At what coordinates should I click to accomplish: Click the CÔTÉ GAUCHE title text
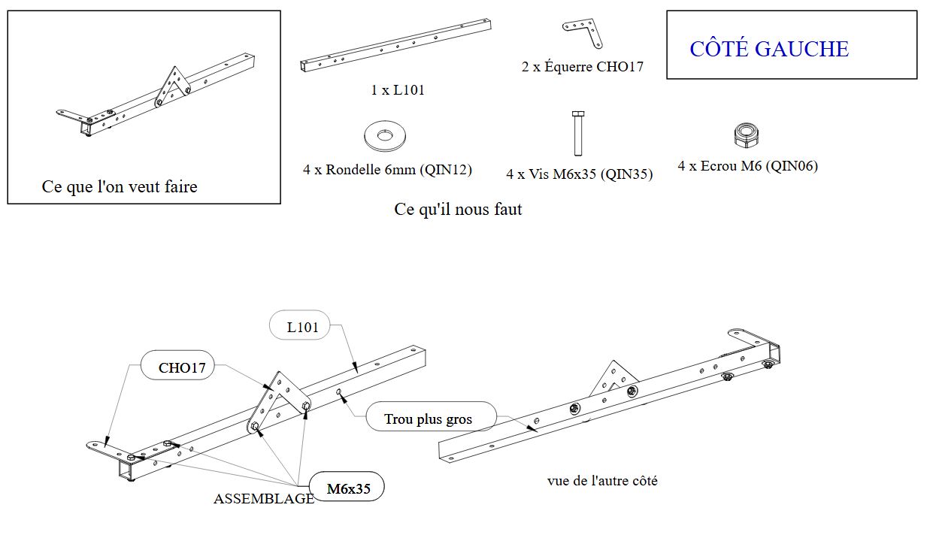[769, 50]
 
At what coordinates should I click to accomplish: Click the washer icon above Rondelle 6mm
[386, 136]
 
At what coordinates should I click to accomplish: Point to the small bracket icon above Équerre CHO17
[583, 34]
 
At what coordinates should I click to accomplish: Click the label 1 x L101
[398, 90]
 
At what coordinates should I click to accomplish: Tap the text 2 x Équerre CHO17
[583, 67]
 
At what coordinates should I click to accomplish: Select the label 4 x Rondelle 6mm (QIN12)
[387, 170]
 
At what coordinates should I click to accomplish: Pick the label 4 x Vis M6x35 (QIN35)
[579, 174]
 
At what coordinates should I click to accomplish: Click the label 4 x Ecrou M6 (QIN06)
[747, 166]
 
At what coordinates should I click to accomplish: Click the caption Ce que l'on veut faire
[120, 186]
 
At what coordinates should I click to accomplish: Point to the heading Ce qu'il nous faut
[458, 209]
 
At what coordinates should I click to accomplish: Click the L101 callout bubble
[301, 327]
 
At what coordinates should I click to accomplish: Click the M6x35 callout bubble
[348, 489]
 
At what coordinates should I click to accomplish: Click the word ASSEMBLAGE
[264, 498]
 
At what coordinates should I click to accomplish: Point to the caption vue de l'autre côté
[602, 480]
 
